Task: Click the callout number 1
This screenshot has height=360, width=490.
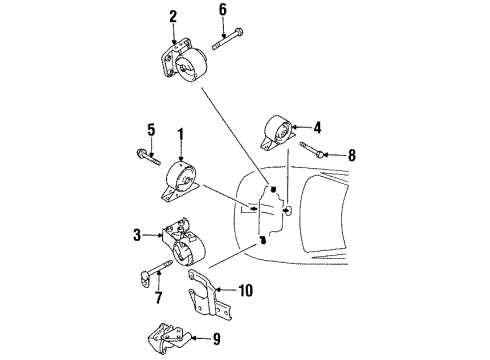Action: tap(180, 134)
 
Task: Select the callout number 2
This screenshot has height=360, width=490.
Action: tap(173, 16)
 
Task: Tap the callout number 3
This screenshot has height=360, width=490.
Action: tap(138, 235)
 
